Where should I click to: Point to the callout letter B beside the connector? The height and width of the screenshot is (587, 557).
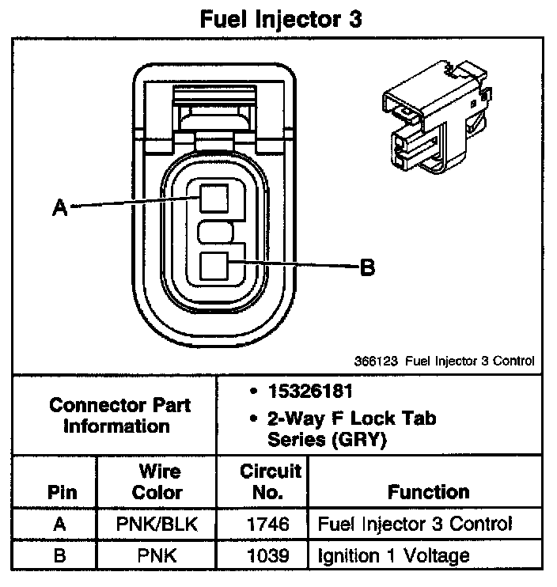tap(366, 267)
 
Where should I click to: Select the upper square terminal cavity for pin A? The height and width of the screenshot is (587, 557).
tap(214, 197)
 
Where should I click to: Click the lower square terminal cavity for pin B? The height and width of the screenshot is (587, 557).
tap(214, 266)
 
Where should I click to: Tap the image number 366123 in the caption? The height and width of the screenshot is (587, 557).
tap(377, 361)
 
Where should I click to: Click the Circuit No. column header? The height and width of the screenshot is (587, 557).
tap(271, 482)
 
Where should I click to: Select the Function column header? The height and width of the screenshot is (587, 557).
tap(428, 492)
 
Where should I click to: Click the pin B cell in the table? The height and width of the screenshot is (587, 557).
tap(59, 556)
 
